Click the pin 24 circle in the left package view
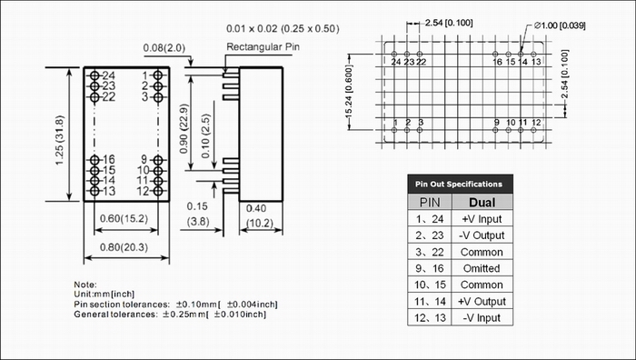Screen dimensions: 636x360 click(94, 75)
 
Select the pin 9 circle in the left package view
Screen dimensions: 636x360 click(158, 160)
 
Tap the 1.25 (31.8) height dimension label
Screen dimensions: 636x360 click(60, 140)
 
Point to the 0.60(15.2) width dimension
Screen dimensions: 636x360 click(124, 219)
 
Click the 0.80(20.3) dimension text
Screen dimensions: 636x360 click(124, 247)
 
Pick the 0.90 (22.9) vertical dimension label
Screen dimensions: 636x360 click(184, 129)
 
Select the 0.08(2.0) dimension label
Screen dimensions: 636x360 click(164, 48)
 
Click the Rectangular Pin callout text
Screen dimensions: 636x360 click(263, 47)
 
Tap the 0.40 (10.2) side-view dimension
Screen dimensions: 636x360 click(260, 216)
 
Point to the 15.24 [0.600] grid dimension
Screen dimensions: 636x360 click(350, 93)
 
